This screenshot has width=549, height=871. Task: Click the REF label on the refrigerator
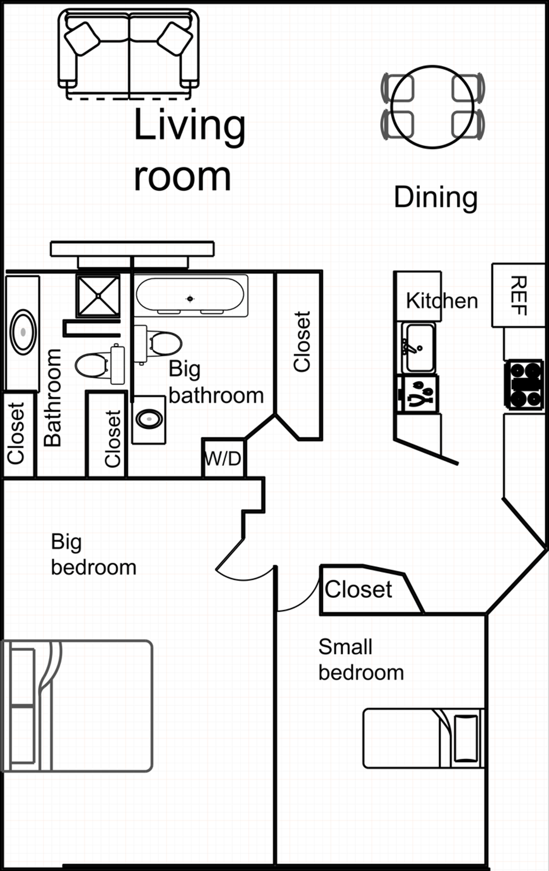[x=519, y=295]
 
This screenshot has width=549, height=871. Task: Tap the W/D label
[x=223, y=459]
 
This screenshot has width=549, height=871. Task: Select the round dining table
[x=432, y=107]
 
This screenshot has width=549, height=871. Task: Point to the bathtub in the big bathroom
[x=191, y=296]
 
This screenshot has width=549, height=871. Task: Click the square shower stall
[x=98, y=296]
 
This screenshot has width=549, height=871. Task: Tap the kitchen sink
[x=418, y=347]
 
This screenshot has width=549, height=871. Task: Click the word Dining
[x=436, y=197]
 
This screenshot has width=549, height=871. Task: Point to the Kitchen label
[x=442, y=300]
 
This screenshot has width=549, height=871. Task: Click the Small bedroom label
[x=361, y=660]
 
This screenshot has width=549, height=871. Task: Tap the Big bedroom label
[x=93, y=554]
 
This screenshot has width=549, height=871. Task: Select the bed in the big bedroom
[x=77, y=705]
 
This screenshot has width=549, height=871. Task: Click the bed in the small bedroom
[x=424, y=738]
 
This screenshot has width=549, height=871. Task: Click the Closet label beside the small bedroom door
[x=358, y=589]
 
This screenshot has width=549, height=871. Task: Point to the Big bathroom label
[x=216, y=382]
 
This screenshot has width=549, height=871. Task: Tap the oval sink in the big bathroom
[x=149, y=419]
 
